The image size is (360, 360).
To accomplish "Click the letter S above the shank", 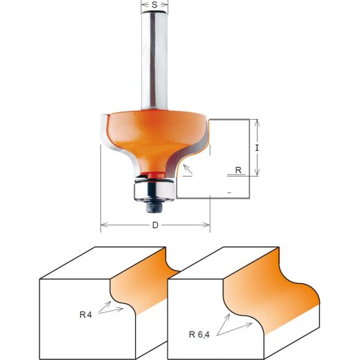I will [154, 6].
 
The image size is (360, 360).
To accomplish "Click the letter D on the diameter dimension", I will [155, 225].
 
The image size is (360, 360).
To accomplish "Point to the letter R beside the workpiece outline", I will [238, 169].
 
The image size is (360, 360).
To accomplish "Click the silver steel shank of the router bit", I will [154, 62].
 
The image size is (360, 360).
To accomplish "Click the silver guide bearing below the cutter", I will [153, 188].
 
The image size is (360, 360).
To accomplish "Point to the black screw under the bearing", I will [154, 204].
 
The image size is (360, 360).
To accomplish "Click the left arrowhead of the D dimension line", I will [104, 224].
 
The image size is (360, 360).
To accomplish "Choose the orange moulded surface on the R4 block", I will [142, 287].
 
